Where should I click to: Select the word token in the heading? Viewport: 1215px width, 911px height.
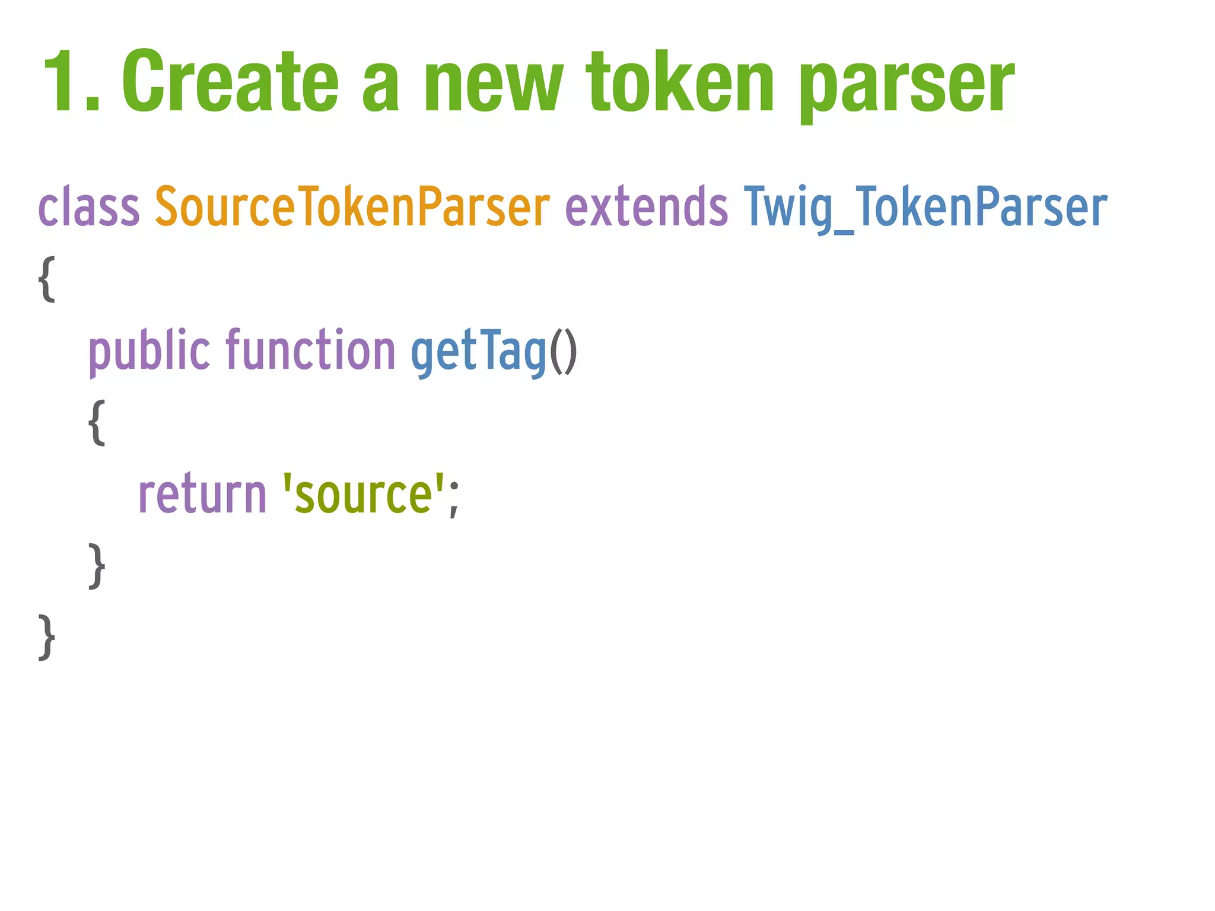click(x=680, y=81)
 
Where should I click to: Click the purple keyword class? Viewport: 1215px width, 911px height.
click(x=88, y=207)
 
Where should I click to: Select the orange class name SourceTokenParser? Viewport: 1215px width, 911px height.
click(x=352, y=207)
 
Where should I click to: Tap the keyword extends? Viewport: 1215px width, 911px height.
click(x=646, y=207)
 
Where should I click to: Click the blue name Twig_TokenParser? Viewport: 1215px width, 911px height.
click(x=925, y=207)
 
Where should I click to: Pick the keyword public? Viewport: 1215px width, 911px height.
click(x=149, y=351)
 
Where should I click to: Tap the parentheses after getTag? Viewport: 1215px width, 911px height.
click(x=563, y=351)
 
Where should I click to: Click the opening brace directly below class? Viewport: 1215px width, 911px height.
click(x=47, y=279)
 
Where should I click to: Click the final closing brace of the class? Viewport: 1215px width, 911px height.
click(x=47, y=638)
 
